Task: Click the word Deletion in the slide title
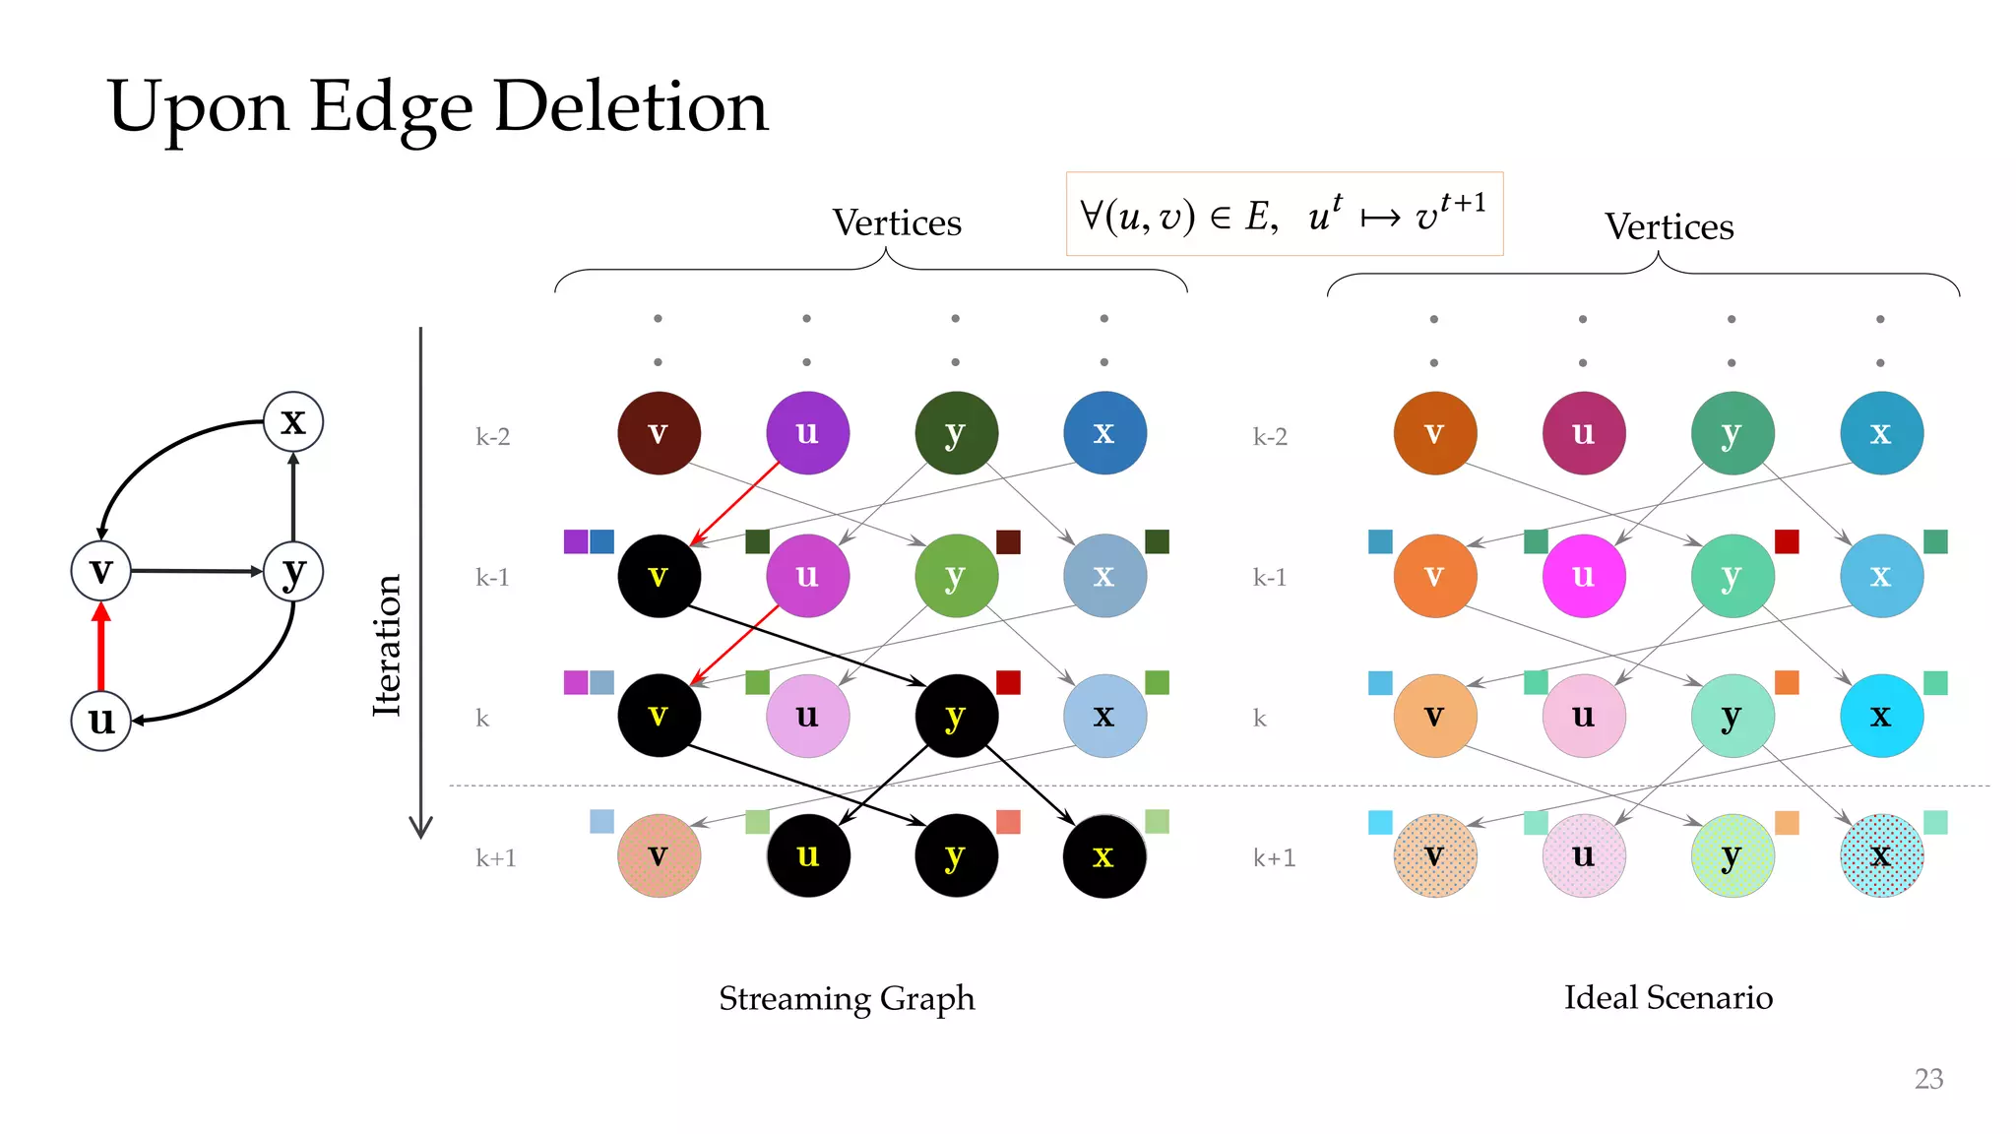point(630,106)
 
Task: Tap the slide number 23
point(1927,1079)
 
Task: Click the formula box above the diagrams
point(1284,215)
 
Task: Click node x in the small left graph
point(293,421)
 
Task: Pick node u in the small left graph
point(100,721)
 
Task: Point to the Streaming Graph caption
point(847,998)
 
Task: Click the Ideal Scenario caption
point(1668,997)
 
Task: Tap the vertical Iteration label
point(387,645)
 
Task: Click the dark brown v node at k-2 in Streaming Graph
point(659,433)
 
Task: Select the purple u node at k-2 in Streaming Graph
point(807,433)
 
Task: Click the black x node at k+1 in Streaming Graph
point(1103,855)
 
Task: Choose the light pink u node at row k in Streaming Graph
point(807,716)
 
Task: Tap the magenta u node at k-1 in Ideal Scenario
point(1583,576)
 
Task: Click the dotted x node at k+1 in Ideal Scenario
point(1880,855)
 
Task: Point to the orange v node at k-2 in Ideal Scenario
point(1434,433)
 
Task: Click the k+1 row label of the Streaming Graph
point(495,858)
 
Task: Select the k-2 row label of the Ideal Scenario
point(1269,437)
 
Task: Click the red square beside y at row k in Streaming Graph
point(1008,682)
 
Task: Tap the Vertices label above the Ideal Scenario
point(1669,227)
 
